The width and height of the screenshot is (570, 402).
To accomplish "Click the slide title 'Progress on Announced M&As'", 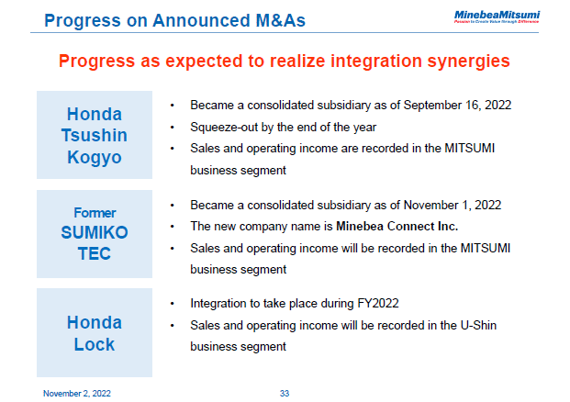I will click(174, 19).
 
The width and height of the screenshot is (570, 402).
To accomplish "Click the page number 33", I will click(285, 393).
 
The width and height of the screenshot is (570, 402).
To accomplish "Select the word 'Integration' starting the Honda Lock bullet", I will click(218, 304).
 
